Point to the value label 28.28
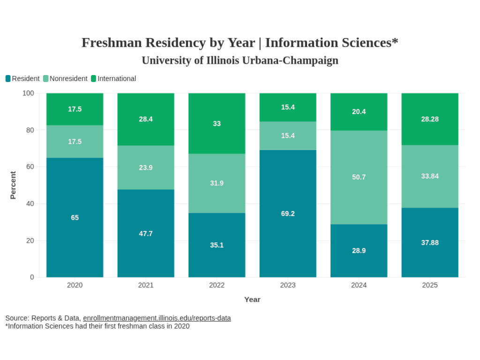pos(430,119)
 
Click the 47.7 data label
pos(146,233)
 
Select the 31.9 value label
pos(217,183)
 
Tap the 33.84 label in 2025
pos(430,176)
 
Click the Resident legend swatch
pos(8,79)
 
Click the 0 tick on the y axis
pos(32,277)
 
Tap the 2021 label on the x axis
pos(146,285)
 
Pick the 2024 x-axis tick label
pos(359,285)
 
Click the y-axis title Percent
pos(13,185)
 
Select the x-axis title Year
pos(252,300)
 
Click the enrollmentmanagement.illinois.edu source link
pos(157,318)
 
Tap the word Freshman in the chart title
pos(112,43)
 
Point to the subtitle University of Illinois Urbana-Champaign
pos(240,60)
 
